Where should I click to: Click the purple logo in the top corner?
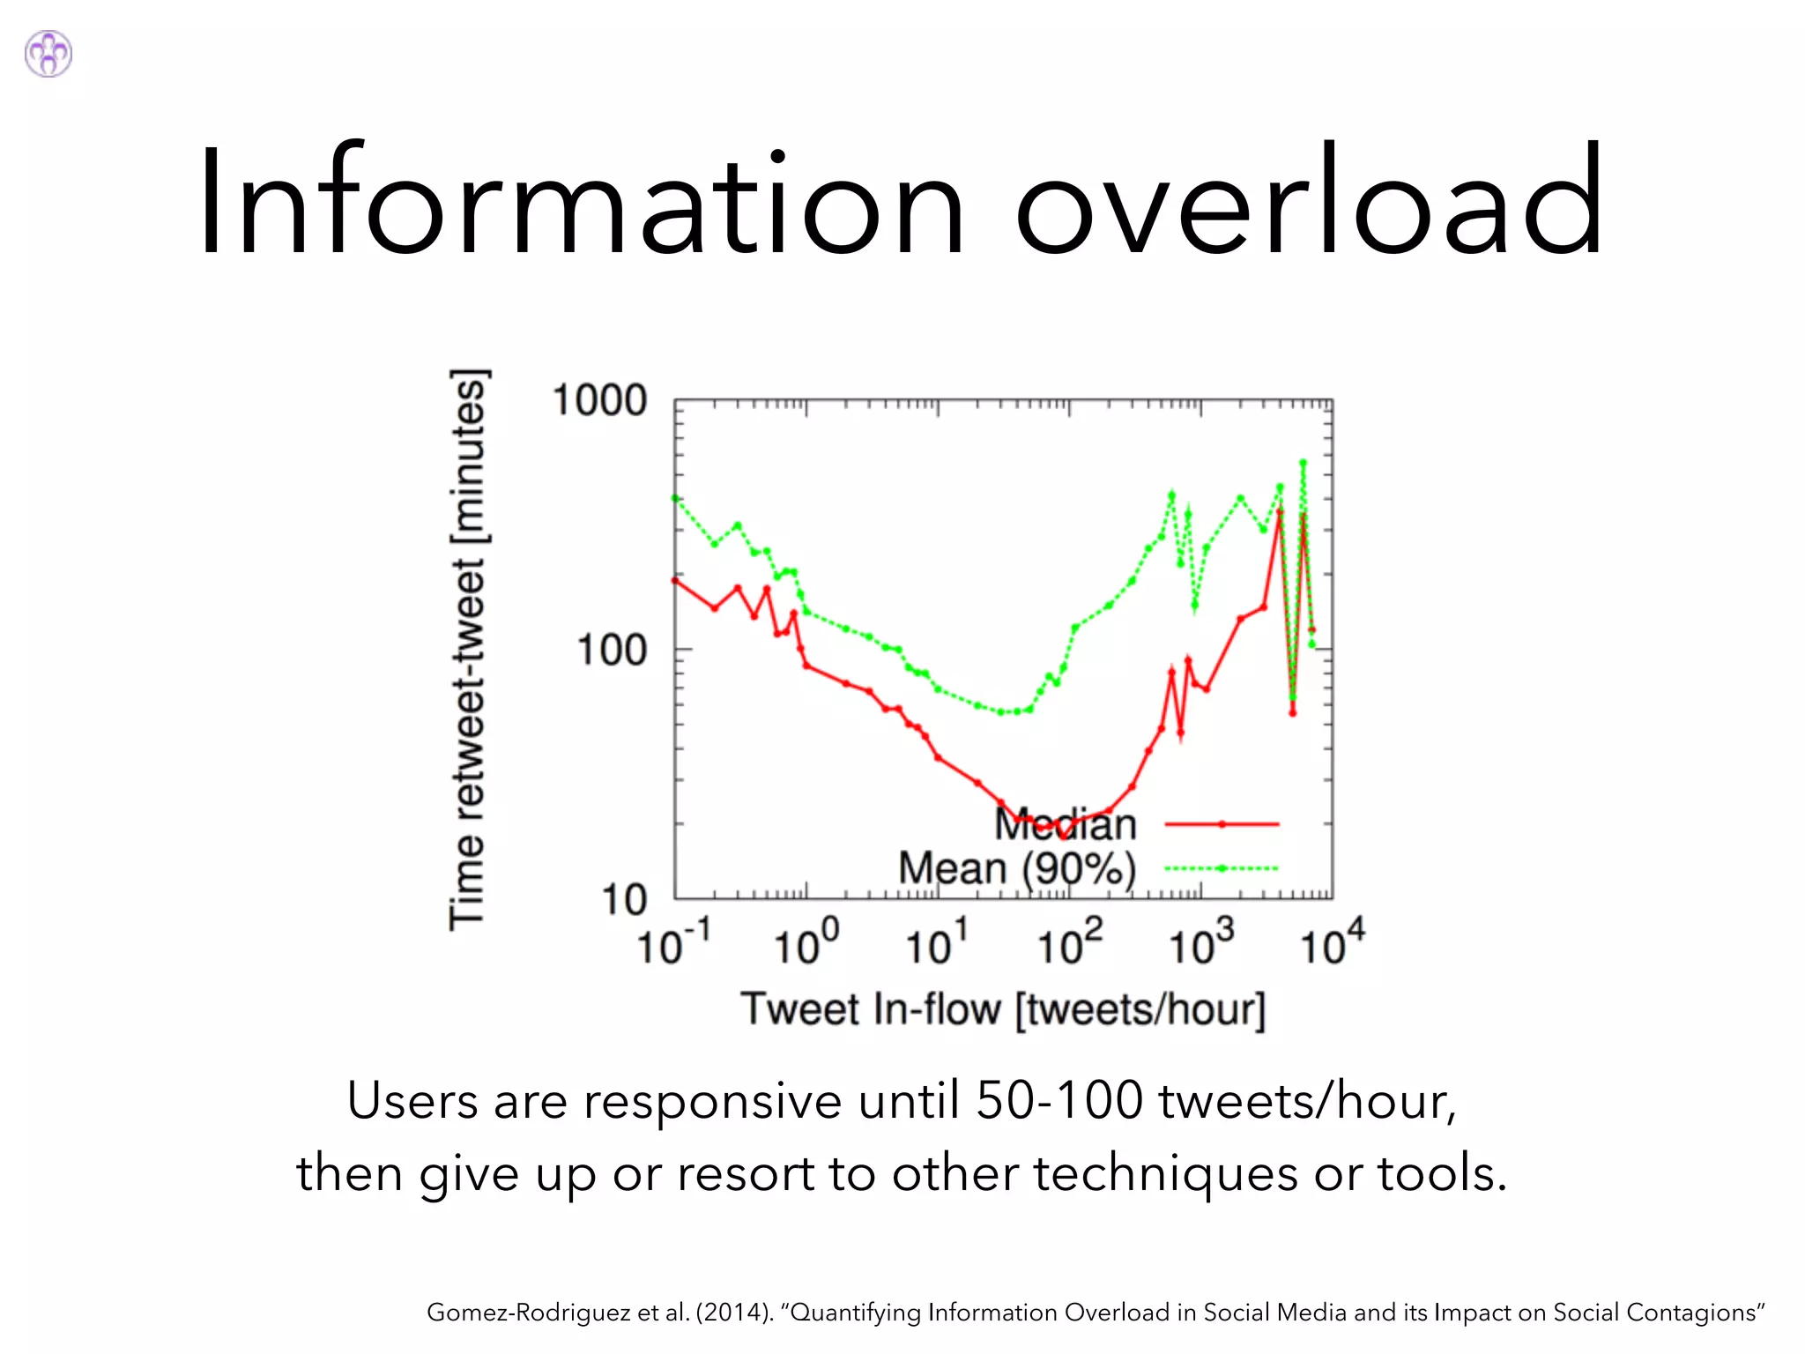click(48, 54)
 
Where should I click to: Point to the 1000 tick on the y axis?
click(599, 401)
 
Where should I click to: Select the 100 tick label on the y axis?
click(612, 651)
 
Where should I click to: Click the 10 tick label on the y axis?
click(624, 900)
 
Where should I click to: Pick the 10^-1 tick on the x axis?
click(672, 943)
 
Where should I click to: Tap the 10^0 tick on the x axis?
click(806, 943)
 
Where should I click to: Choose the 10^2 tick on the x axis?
click(1069, 943)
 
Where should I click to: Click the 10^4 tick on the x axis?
click(1332, 943)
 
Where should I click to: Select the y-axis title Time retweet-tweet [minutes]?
click(468, 650)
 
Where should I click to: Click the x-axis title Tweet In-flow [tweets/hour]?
click(1003, 1009)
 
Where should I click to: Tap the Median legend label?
click(1066, 824)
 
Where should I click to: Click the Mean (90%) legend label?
click(1017, 868)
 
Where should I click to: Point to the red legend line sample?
click(1222, 824)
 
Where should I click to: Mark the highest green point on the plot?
click(1303, 462)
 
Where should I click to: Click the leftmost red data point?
click(675, 580)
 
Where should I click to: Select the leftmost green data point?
click(675, 498)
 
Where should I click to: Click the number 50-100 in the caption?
click(1059, 1101)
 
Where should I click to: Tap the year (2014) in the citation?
click(733, 1313)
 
